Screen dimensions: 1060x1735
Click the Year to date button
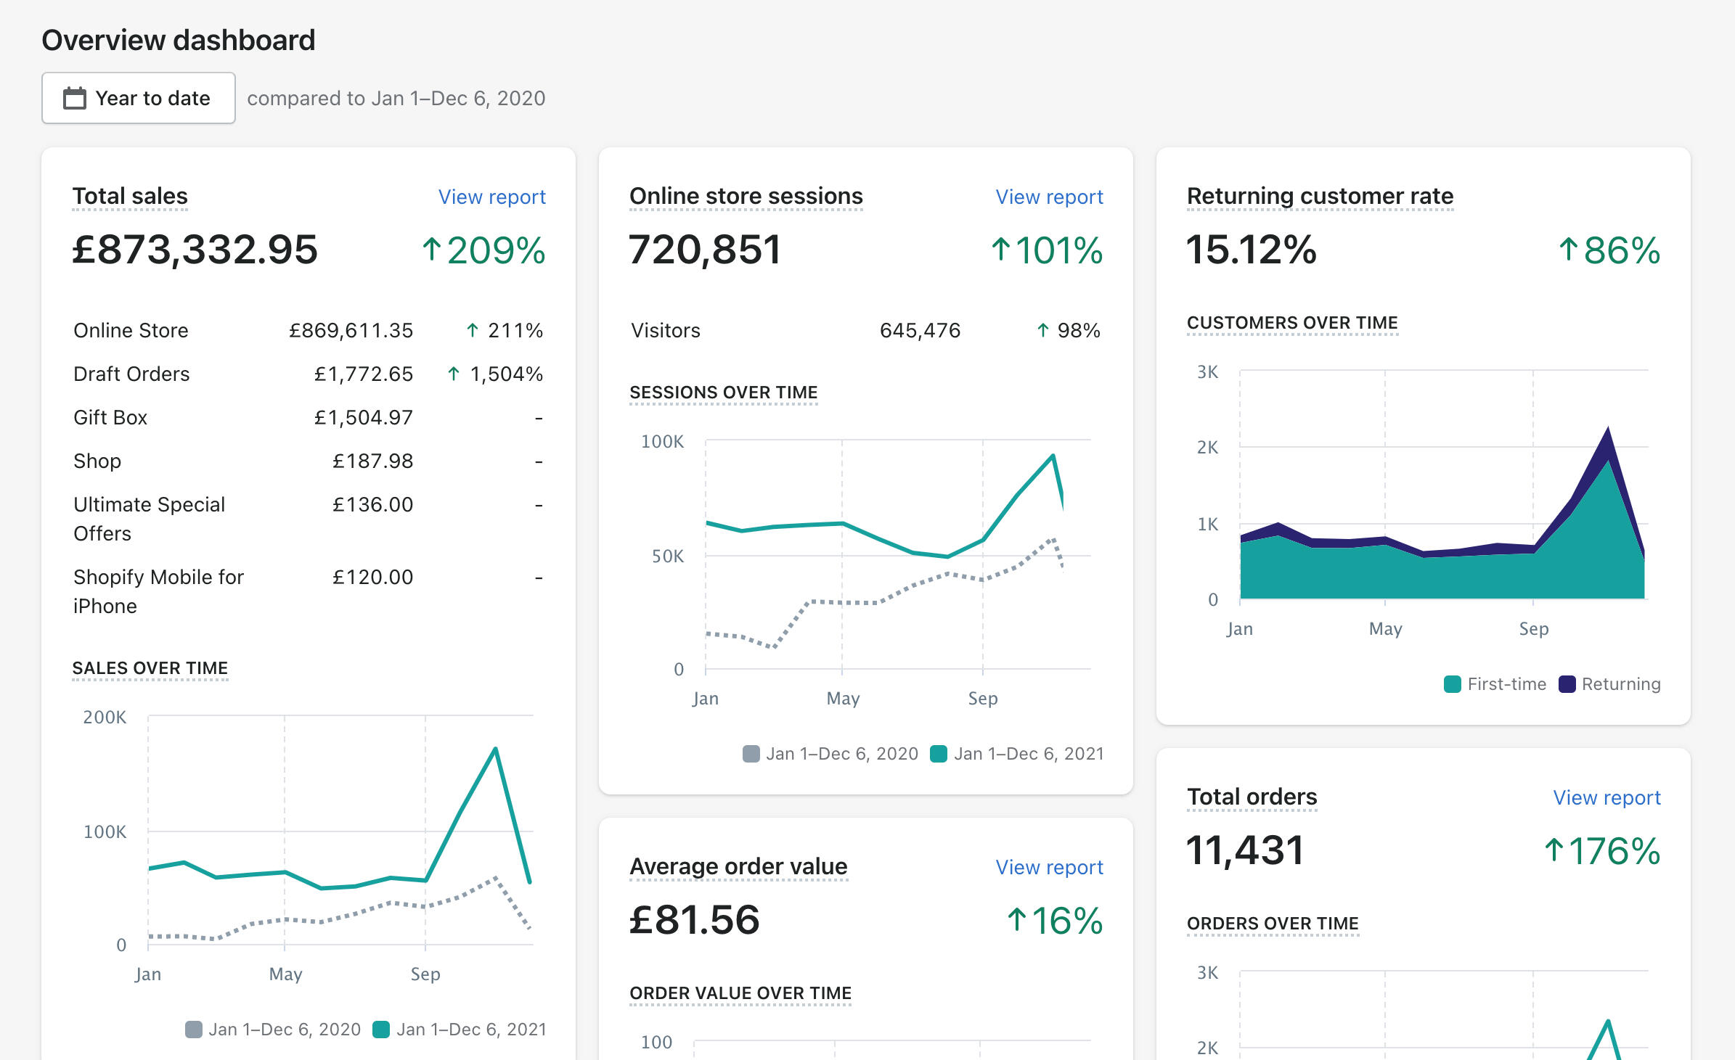(x=138, y=98)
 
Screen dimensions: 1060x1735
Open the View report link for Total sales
(x=491, y=197)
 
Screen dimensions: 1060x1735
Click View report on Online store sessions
(x=1049, y=197)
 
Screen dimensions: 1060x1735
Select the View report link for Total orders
(x=1607, y=797)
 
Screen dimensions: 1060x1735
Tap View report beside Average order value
(x=1049, y=867)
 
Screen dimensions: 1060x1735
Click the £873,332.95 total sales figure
(x=195, y=250)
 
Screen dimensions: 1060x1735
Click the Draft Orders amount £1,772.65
(x=363, y=374)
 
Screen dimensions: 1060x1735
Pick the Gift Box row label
(x=110, y=417)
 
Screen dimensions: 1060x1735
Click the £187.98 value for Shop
(x=372, y=461)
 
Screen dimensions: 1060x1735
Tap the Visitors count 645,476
(x=920, y=330)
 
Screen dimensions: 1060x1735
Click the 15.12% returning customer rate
(x=1251, y=250)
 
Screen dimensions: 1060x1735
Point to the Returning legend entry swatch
(x=1567, y=684)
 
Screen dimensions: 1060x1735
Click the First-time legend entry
(x=1495, y=684)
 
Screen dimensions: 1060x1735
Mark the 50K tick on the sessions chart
(x=668, y=556)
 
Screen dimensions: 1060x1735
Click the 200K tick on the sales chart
(x=105, y=718)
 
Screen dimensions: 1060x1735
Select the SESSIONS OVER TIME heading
(x=723, y=393)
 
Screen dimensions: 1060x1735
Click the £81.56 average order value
(x=694, y=920)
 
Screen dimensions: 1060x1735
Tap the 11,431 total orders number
(x=1245, y=850)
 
